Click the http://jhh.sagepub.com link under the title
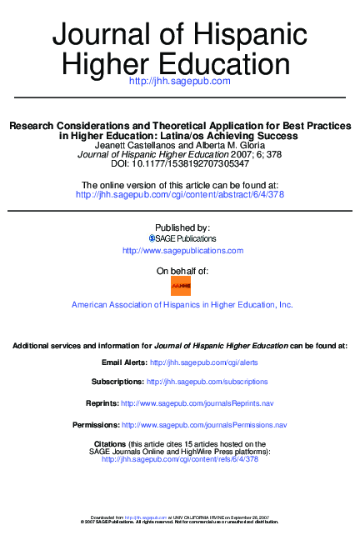179,81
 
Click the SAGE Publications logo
182,238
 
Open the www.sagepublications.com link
182,251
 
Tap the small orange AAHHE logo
181,287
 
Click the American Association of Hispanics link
182,305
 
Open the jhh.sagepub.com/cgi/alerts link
204,363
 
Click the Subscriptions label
117,382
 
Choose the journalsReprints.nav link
197,403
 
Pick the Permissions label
96,425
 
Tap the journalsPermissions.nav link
204,425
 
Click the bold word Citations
110,444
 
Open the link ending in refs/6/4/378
180,459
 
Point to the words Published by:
182,227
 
